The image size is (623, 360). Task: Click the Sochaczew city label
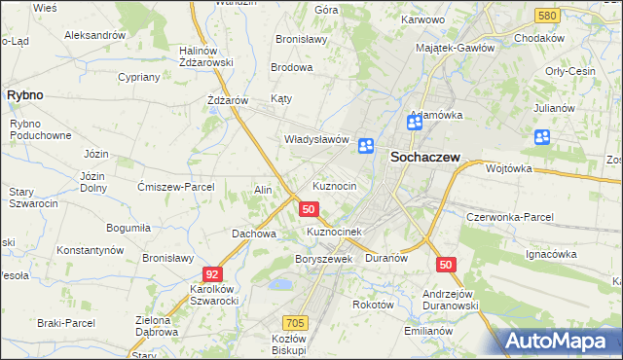pyautogui.click(x=424, y=157)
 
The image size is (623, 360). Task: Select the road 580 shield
pyautogui.click(x=547, y=17)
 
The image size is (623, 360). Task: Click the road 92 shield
pyautogui.click(x=211, y=274)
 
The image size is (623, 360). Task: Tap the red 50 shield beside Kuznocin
pyautogui.click(x=309, y=209)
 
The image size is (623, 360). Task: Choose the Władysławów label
pyautogui.click(x=315, y=139)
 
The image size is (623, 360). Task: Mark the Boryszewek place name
pyautogui.click(x=322, y=260)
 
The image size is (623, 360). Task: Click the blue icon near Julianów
pyautogui.click(x=541, y=138)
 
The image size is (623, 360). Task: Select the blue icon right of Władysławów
pyautogui.click(x=366, y=146)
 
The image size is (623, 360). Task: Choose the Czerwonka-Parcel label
pyautogui.click(x=510, y=217)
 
